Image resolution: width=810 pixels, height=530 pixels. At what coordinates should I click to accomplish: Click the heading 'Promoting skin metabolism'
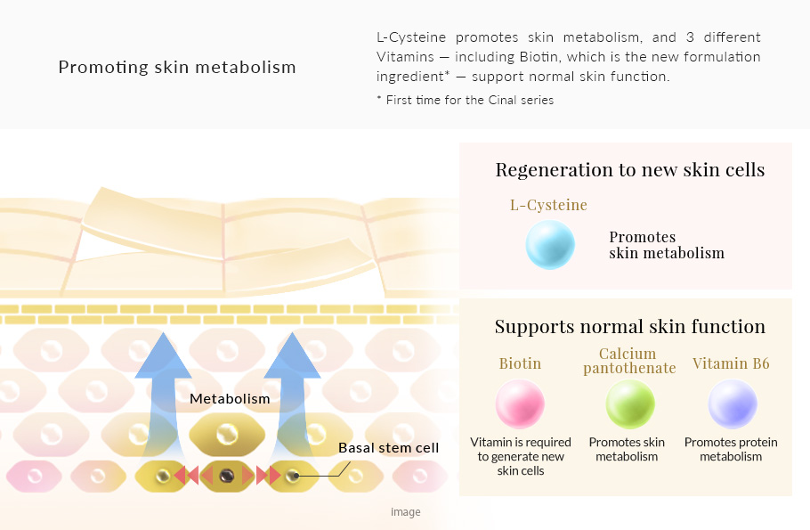pos(177,68)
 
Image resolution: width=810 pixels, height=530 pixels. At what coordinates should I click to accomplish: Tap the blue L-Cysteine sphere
pos(550,245)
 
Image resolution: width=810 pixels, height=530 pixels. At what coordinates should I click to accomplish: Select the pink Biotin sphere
pos(520,404)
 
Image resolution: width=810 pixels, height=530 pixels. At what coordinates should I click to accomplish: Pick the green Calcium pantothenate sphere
pos(630,404)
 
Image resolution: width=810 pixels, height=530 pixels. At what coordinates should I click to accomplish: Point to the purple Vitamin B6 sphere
pos(732,404)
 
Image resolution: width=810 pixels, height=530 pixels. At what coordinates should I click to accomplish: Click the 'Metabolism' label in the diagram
pos(230,399)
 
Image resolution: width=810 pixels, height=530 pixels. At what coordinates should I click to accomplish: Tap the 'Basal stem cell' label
pos(388,447)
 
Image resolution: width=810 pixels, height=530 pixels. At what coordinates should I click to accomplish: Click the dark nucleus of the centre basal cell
pos(227,476)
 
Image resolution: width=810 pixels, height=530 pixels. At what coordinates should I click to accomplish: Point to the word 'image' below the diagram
pos(406,512)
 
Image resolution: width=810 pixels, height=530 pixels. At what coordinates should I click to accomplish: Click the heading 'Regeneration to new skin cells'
pos(629,170)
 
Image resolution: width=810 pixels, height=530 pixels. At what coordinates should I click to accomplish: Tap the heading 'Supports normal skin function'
pos(629,327)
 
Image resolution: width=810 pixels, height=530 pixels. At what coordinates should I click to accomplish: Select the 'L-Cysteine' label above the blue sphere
pos(548,205)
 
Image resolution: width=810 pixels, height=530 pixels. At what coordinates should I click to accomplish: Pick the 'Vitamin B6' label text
pos(731,364)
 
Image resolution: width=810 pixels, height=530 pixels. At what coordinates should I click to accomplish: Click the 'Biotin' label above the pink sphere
pos(520,364)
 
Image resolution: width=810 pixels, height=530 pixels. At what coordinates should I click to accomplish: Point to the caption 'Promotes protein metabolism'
pos(731,449)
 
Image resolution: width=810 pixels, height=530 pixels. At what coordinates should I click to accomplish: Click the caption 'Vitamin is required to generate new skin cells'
pos(521,456)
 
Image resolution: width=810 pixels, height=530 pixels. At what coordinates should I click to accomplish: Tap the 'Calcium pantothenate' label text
pos(629,361)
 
